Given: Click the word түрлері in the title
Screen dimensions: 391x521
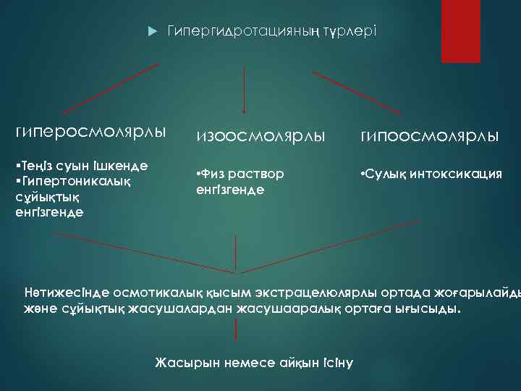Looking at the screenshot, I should (350, 32).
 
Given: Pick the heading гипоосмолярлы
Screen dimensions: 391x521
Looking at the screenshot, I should (427, 135).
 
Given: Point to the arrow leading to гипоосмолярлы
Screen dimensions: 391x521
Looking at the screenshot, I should (357, 93).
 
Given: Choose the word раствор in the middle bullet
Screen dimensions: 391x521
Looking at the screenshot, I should (260, 175).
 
